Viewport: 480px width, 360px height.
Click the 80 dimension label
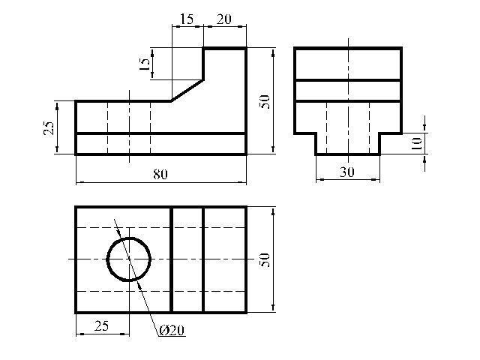(x=160, y=173)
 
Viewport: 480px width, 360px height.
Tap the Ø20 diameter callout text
(x=172, y=331)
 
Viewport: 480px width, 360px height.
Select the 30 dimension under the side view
(x=346, y=172)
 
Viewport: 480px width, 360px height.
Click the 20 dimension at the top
(x=223, y=19)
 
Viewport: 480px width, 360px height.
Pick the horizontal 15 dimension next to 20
(x=187, y=19)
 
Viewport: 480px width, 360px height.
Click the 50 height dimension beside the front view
(x=263, y=101)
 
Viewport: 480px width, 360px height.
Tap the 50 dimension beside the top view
(x=263, y=259)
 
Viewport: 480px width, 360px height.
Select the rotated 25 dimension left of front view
(x=49, y=127)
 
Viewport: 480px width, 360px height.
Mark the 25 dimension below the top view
(x=101, y=325)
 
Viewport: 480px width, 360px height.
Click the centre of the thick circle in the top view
(x=129, y=259)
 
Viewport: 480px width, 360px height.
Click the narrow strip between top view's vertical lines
(x=187, y=259)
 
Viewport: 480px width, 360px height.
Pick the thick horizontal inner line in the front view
(x=160, y=133)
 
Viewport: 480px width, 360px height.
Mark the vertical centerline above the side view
(x=348, y=40)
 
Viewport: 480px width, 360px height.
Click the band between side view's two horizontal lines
(x=348, y=90)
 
